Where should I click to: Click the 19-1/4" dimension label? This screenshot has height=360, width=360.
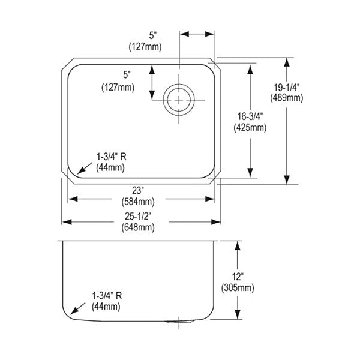[287, 87]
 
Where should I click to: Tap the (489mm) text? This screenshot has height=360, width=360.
[287, 98]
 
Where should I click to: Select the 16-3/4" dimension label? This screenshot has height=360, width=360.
[250, 116]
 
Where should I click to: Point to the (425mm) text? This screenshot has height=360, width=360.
[250, 127]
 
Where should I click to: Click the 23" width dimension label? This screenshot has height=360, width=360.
[138, 191]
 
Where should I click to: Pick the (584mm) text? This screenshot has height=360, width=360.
[138, 202]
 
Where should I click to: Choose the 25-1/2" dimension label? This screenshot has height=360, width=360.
[138, 216]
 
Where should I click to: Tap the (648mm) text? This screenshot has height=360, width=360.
[138, 227]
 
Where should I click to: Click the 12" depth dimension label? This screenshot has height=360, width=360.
[238, 277]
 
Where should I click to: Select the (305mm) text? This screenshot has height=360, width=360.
[238, 288]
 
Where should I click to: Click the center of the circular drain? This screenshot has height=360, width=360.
[179, 100]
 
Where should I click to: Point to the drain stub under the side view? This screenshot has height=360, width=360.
[179, 322]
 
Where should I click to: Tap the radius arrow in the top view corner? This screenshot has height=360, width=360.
[85, 168]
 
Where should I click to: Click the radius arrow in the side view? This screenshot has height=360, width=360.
[77, 308]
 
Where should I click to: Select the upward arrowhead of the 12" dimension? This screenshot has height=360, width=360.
[238, 245]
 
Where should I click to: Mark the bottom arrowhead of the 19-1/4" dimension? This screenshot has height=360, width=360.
[287, 179]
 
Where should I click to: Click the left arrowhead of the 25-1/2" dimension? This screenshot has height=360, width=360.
[67, 222]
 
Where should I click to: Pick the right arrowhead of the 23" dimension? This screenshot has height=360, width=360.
[210, 199]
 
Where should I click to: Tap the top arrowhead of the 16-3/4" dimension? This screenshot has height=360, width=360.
[250, 68]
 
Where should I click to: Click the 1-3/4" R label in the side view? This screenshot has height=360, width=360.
[107, 295]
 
